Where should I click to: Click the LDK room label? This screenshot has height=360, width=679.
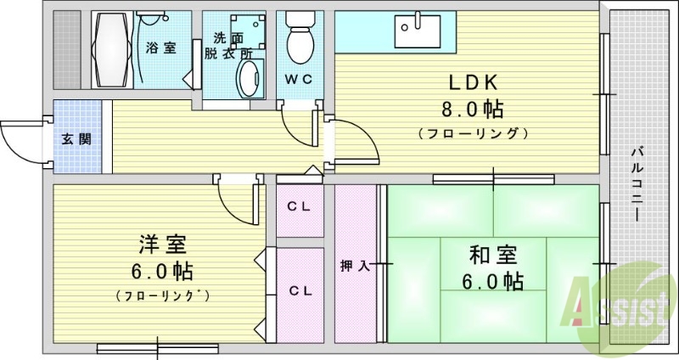478,83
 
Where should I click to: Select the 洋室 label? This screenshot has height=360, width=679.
162,246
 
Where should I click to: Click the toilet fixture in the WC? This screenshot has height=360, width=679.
300,38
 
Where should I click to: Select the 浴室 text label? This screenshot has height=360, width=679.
160,48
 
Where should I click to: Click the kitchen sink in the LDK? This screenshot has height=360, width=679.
417,32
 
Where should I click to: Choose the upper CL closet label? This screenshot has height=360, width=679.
299,205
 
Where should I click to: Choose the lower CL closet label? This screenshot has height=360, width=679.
299,290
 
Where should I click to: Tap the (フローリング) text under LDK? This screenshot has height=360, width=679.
474,133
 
